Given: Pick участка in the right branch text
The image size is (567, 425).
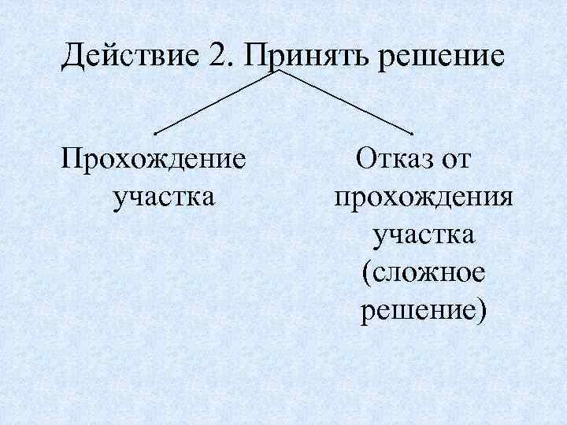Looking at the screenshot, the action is click(424, 235).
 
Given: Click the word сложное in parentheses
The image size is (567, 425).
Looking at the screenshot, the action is click(429, 273).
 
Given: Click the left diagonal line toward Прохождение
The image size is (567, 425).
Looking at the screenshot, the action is click(217, 100).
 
